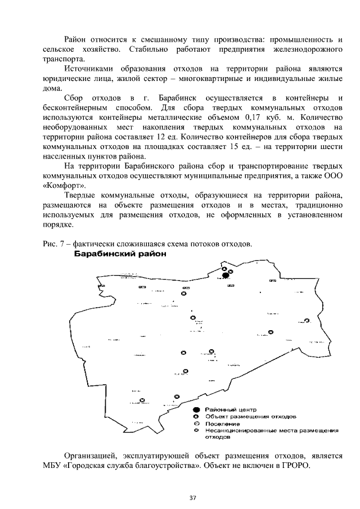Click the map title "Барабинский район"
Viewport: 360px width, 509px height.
tap(121, 254)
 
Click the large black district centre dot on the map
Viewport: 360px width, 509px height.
tap(226, 275)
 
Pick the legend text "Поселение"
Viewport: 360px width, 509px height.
tap(218, 424)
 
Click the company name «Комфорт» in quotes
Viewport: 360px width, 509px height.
tap(60, 186)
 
